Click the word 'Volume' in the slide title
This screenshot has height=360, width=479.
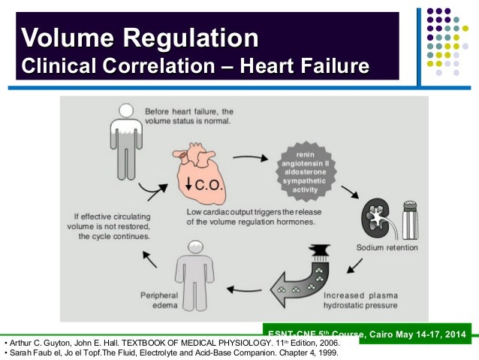click(64, 37)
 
